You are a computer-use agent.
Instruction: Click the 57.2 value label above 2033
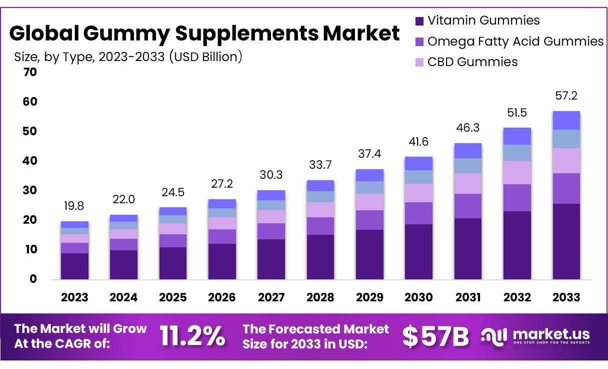point(566,96)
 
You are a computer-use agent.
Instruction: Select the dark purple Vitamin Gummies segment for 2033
point(566,241)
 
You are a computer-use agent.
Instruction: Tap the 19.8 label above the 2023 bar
point(74,205)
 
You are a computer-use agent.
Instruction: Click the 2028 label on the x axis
point(320,297)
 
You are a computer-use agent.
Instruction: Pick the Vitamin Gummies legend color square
point(419,21)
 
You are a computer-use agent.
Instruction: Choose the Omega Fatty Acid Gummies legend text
point(515,41)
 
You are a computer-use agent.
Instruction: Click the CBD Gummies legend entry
point(472,62)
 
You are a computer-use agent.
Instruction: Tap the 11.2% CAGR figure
point(192,336)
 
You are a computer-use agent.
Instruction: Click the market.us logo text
point(550,334)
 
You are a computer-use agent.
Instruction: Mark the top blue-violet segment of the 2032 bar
point(517,136)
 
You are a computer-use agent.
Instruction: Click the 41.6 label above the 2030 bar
point(418,142)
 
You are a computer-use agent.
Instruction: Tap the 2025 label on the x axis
point(172,297)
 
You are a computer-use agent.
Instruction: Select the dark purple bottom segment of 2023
point(74,266)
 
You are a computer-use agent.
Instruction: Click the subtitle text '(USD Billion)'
point(205,57)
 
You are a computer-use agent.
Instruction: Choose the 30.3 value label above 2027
point(271,175)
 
